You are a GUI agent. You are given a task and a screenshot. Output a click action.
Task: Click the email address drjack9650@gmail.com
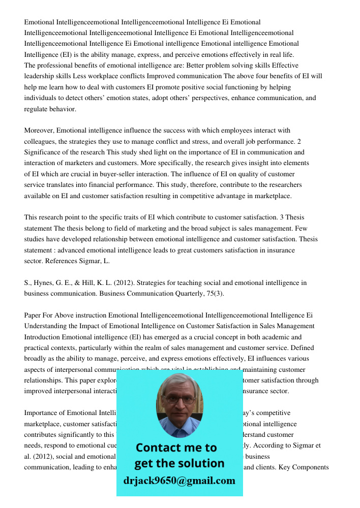[x=179, y=481]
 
